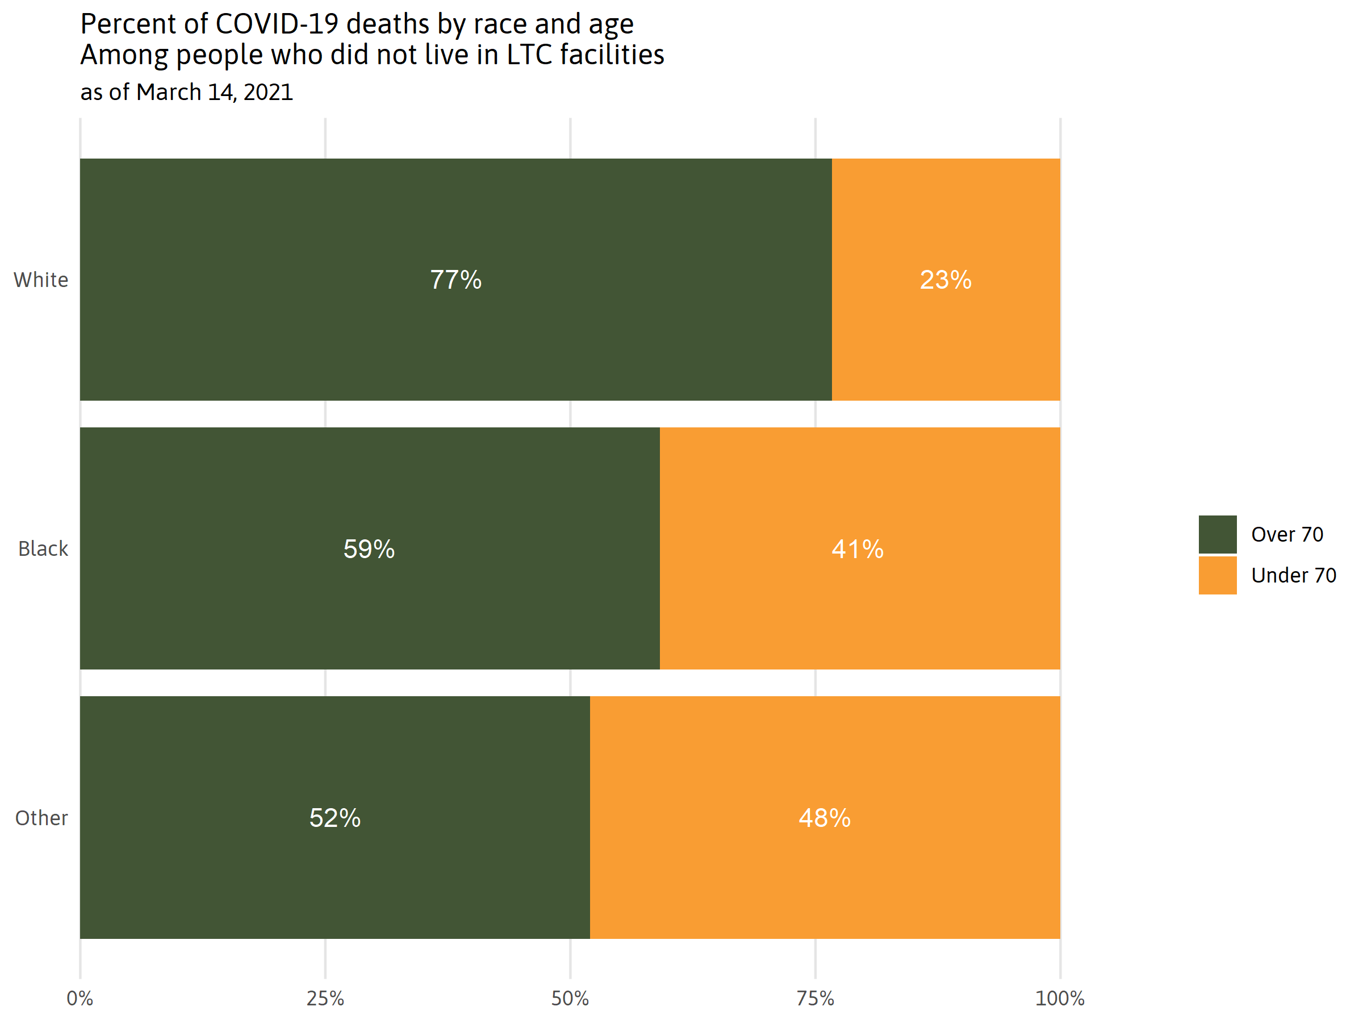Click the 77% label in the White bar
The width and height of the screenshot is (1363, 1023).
(x=455, y=280)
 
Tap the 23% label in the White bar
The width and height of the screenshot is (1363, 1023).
(x=945, y=280)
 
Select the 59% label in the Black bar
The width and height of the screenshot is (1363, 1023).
(x=369, y=549)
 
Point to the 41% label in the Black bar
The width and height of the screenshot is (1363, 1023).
(x=857, y=549)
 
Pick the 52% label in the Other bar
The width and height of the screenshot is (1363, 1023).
(x=335, y=818)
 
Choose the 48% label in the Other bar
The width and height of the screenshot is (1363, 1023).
(x=825, y=818)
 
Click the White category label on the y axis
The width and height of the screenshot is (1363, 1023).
(x=41, y=280)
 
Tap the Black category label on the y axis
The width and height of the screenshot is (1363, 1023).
(x=43, y=549)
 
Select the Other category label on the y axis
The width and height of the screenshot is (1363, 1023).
(x=41, y=818)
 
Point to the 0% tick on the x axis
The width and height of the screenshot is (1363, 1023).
(x=80, y=999)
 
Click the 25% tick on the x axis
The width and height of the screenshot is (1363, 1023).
(x=325, y=999)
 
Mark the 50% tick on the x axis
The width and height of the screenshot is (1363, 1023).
(x=570, y=999)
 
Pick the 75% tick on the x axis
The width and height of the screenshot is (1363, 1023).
(x=814, y=999)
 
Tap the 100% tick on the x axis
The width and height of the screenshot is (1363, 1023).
(x=1059, y=999)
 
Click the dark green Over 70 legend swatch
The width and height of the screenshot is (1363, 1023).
(x=1217, y=534)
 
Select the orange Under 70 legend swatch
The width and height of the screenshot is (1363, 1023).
(x=1217, y=575)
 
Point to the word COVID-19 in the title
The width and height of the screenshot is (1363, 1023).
(x=277, y=24)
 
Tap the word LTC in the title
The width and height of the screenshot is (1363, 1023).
(x=529, y=55)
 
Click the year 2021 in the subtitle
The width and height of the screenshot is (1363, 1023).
(x=268, y=93)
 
